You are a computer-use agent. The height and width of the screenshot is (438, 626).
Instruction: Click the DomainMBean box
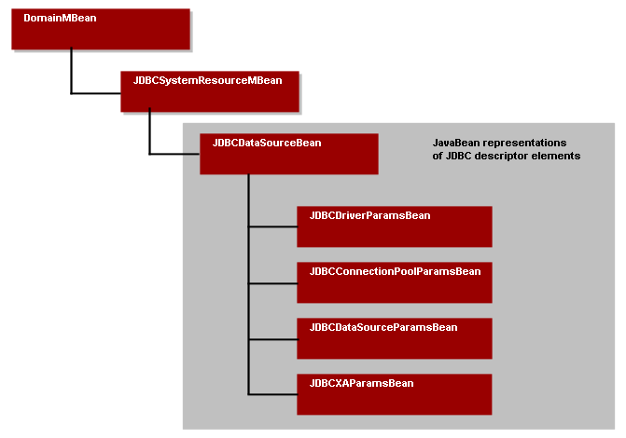click(x=101, y=30)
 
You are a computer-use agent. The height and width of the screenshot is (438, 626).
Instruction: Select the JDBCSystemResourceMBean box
click(x=209, y=91)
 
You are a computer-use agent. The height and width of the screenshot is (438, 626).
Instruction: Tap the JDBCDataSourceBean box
click(x=288, y=155)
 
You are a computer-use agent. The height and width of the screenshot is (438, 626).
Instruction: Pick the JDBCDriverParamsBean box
click(x=394, y=226)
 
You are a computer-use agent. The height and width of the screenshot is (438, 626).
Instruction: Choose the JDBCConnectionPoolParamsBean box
click(x=394, y=282)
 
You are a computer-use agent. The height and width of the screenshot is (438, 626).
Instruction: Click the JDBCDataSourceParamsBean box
click(x=394, y=338)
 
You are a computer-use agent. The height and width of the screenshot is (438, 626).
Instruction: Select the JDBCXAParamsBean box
click(x=394, y=394)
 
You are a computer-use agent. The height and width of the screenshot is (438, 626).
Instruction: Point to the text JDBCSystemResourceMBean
click(x=202, y=80)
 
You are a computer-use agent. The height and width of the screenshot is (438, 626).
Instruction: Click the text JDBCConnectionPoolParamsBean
click(x=394, y=271)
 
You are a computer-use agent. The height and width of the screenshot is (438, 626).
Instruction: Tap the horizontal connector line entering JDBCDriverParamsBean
click(x=272, y=226)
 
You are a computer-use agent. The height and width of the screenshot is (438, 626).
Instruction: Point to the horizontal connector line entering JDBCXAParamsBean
click(x=272, y=393)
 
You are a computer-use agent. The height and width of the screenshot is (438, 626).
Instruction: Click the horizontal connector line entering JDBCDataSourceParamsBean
click(x=272, y=337)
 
